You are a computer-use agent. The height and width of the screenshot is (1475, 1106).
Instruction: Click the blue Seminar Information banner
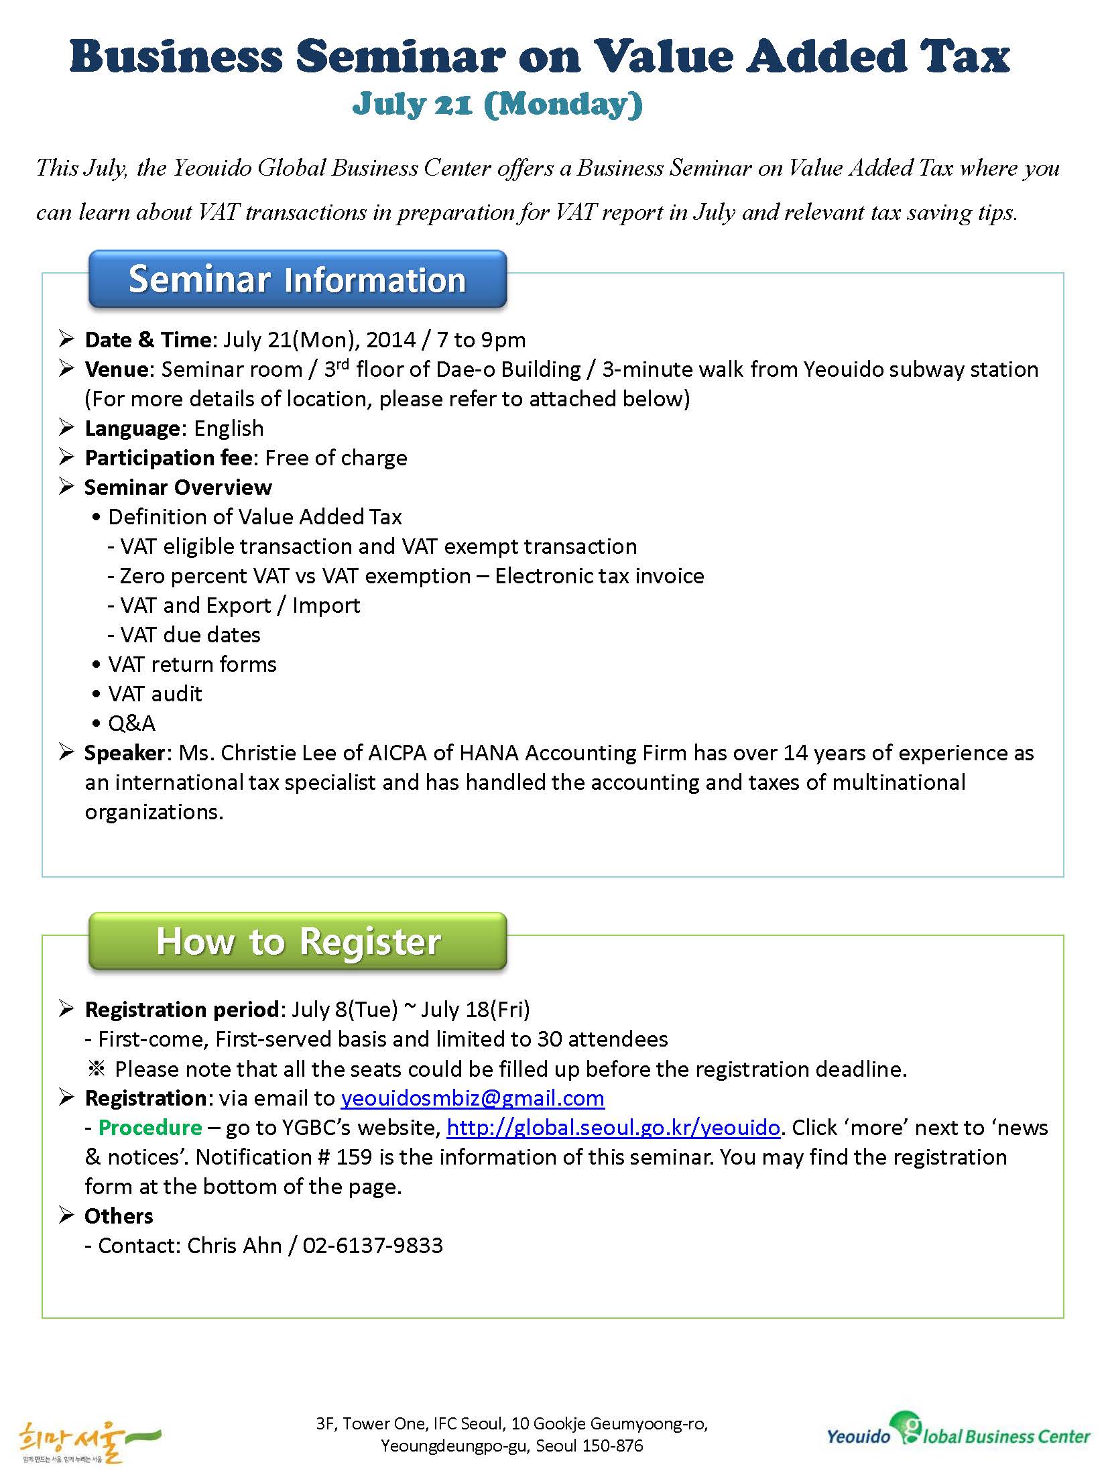pos(297,280)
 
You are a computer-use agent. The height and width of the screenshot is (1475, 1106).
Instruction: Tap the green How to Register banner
pos(297,941)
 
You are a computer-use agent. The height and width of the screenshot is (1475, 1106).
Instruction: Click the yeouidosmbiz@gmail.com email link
pos(473,1098)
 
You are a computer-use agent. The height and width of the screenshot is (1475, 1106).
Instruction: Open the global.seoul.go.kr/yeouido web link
pos(613,1128)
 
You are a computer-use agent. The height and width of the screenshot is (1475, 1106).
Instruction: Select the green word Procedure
pos(150,1128)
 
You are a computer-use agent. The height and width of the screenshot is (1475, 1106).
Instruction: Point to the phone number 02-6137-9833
pos(373,1246)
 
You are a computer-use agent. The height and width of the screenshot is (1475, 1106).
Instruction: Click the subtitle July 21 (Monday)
pos(497,104)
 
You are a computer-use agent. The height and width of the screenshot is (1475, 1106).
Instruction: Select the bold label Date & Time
pos(148,340)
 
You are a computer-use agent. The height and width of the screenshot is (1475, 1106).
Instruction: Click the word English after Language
pos(229,428)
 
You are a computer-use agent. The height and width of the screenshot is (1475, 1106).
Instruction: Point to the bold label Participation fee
pos(169,458)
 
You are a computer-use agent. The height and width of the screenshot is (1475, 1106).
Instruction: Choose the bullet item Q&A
pos(131,723)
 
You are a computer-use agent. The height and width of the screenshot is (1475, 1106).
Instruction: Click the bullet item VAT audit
pos(155,694)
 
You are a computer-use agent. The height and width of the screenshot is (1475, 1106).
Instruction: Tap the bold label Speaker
pos(125,753)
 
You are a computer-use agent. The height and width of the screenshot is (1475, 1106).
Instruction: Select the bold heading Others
pos(119,1216)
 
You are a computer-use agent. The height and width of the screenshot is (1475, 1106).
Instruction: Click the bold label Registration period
pos(182,1010)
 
